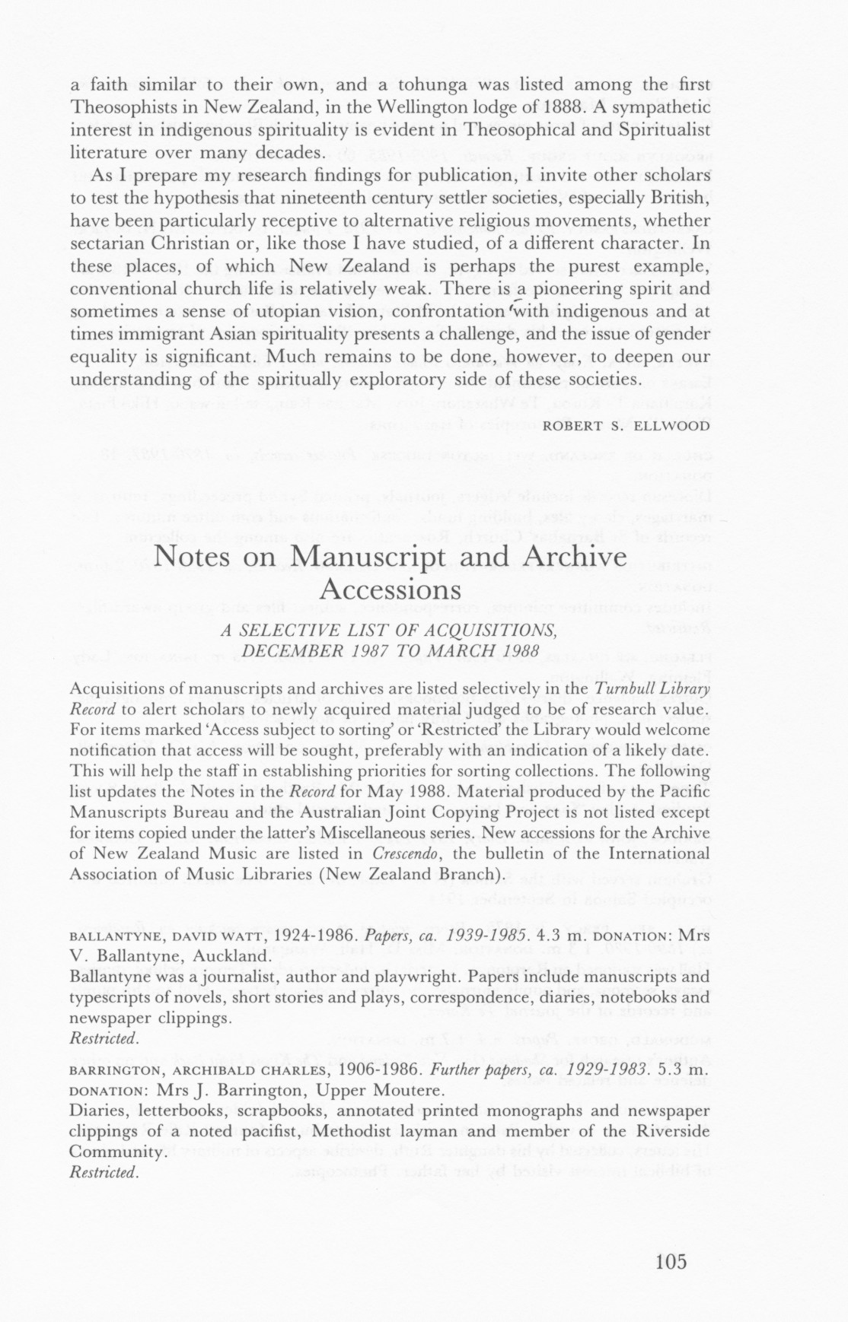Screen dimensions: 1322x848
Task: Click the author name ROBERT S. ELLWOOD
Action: [x=626, y=426]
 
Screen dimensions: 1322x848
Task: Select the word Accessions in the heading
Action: [x=391, y=589]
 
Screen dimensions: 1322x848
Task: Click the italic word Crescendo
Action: [x=404, y=853]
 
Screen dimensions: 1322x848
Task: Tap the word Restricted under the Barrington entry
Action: [x=103, y=1172]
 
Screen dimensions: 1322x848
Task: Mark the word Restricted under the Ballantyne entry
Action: [x=103, y=1038]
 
